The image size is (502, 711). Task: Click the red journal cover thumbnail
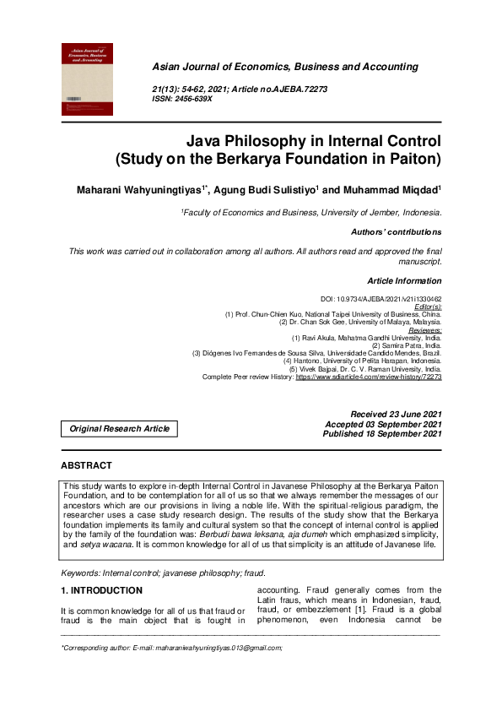click(88, 79)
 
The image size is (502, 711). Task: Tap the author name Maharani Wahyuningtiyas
click(139, 191)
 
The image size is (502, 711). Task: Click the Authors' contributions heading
click(396, 231)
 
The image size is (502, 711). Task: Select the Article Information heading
click(404, 280)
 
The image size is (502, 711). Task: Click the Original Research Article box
click(120, 429)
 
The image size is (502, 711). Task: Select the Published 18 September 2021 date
click(382, 434)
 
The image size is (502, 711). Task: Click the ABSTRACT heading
click(86, 465)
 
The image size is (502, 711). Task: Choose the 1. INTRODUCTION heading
click(100, 590)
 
